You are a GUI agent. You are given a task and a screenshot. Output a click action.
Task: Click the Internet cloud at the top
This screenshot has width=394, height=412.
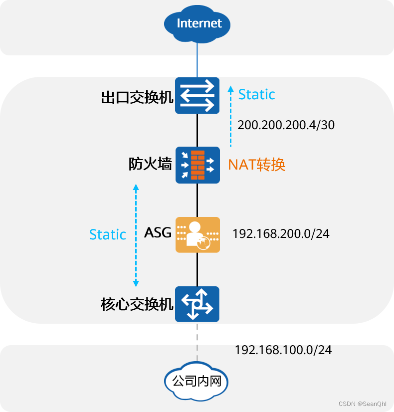[199, 23]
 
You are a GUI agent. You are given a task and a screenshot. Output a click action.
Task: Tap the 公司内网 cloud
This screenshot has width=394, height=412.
[197, 382]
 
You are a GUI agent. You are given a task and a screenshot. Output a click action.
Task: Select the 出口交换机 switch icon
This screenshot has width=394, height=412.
[197, 95]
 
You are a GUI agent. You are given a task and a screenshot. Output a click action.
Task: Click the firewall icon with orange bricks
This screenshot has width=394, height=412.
[197, 165]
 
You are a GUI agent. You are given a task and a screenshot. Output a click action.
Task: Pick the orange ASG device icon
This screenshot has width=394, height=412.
[197, 234]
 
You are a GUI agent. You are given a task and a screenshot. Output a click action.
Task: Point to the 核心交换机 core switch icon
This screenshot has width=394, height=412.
[197, 304]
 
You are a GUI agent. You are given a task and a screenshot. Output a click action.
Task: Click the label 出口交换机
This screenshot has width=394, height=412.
[137, 97]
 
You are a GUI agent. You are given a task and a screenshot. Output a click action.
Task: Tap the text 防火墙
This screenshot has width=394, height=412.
[150, 164]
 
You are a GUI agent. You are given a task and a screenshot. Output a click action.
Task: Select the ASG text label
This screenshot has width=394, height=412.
[158, 232]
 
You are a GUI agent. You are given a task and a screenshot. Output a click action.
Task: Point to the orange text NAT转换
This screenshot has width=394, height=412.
[256, 165]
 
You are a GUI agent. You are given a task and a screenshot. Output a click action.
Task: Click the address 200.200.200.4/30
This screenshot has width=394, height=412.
[286, 125]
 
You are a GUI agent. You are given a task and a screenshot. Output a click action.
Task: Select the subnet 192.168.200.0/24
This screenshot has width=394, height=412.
[281, 233]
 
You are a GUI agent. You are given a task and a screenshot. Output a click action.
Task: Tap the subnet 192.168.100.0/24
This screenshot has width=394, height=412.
[283, 350]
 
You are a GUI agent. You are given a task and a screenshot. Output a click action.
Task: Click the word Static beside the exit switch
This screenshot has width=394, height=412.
[256, 94]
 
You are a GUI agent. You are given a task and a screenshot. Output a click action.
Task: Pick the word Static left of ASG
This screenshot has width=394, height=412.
[107, 234]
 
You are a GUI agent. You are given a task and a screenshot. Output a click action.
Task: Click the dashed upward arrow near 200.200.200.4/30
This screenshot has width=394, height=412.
[230, 117]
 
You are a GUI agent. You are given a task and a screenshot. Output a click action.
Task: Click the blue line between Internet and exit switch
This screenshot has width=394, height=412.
[197, 60]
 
